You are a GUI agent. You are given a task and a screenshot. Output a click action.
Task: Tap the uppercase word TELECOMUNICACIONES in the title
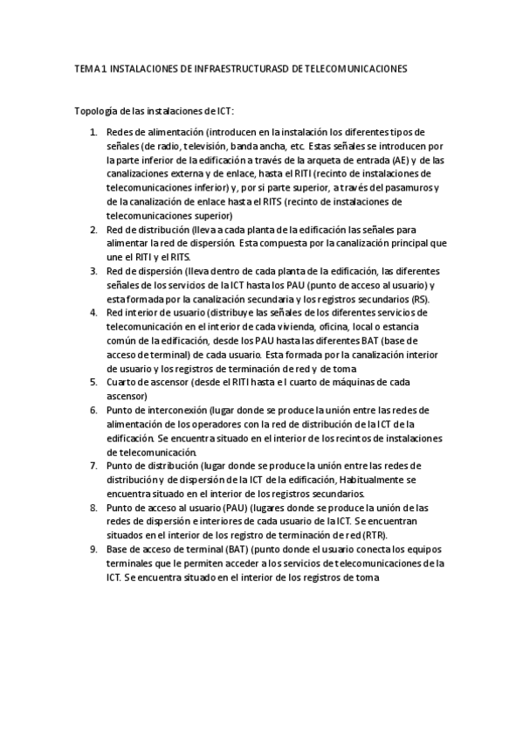tap(359, 67)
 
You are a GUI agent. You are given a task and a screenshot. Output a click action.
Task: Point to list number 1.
tap(94, 131)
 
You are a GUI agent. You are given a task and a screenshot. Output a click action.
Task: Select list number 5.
tap(94, 382)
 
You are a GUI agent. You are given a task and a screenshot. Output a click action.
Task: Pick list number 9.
tap(94, 550)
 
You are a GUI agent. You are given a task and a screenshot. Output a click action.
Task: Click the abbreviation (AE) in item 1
tap(353, 161)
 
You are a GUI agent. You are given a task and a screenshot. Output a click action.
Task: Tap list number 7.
tap(94, 466)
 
